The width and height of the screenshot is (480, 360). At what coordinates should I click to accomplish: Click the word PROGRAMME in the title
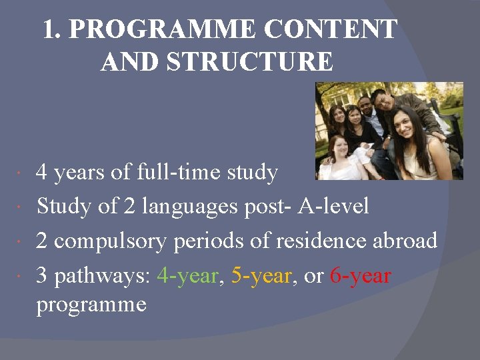pos(163,30)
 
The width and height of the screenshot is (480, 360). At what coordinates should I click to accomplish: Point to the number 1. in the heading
pos(53,30)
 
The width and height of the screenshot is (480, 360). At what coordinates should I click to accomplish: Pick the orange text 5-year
pos(262,275)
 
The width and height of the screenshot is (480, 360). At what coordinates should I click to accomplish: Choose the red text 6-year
pos(360,275)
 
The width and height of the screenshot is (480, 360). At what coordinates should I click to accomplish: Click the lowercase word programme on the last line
pos(91,305)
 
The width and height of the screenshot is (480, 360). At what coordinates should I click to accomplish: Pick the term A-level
pos(333,206)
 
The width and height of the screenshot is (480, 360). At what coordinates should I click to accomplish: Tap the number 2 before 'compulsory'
pos(42,241)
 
